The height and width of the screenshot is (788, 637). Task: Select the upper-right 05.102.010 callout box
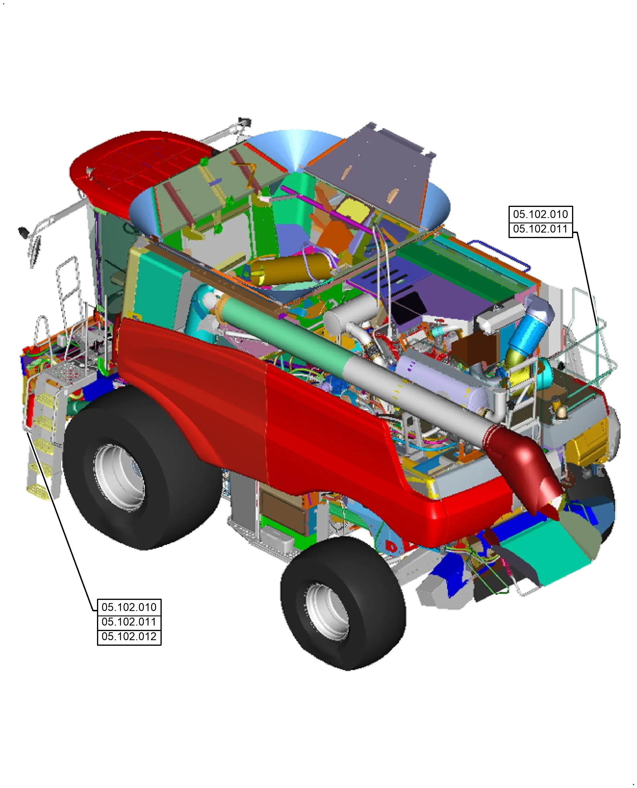(x=540, y=214)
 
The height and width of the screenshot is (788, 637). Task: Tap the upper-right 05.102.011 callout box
(x=540, y=229)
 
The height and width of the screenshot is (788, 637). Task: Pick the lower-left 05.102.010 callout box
(x=129, y=607)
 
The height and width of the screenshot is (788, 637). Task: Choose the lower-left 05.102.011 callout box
(x=129, y=622)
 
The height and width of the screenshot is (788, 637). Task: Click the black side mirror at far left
(x=24, y=232)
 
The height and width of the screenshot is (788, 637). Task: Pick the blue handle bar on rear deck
(x=503, y=253)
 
